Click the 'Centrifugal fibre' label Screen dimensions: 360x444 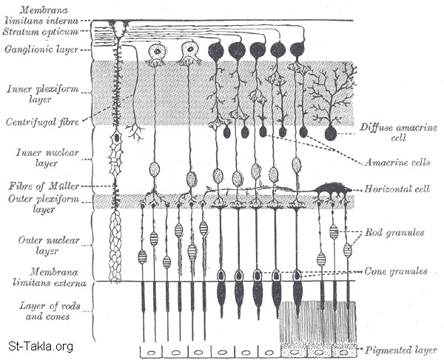pos(40,122)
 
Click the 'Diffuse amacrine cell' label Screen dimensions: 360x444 pos(400,132)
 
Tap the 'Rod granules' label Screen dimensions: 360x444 pos(395,234)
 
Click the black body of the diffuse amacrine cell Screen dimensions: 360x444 pos(331,133)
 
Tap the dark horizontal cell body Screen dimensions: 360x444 pos(332,189)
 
